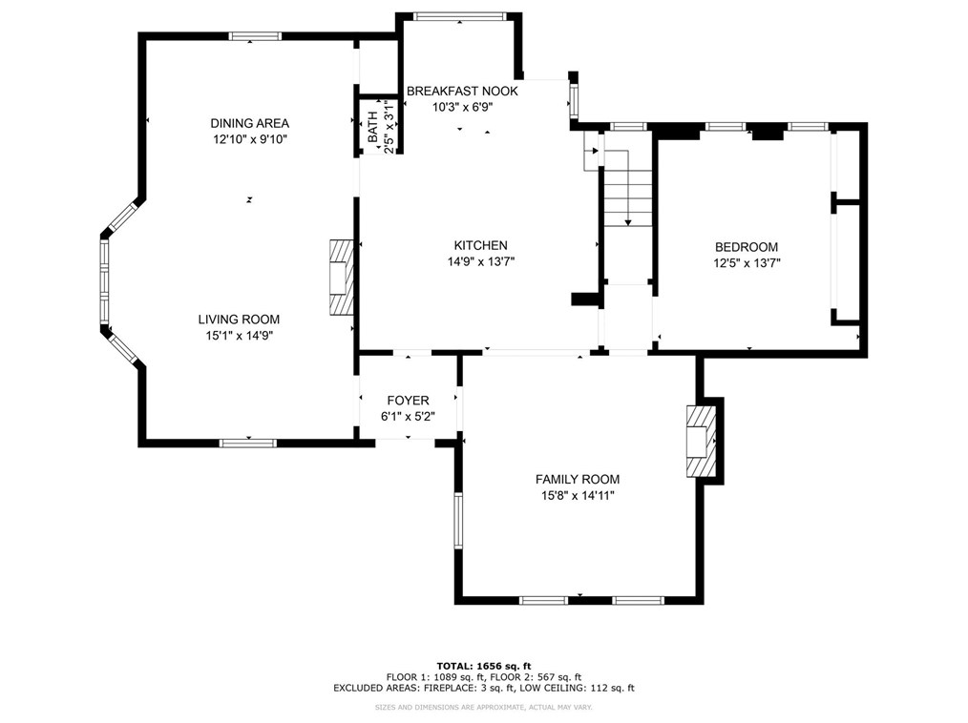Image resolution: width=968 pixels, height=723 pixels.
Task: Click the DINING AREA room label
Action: (249, 123)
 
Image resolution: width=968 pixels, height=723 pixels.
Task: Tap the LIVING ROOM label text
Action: (239, 320)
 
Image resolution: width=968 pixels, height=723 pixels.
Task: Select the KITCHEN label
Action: (481, 245)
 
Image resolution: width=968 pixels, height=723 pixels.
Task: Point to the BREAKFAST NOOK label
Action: (462, 92)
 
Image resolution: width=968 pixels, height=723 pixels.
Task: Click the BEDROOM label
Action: (747, 247)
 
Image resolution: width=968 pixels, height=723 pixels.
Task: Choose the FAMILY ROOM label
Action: (578, 480)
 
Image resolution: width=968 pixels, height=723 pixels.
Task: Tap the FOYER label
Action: (408, 401)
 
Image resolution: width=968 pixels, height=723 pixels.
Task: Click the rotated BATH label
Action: (373, 127)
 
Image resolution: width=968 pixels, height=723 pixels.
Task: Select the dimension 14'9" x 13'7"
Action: (481, 262)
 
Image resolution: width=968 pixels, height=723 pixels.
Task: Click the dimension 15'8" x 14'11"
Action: (578, 495)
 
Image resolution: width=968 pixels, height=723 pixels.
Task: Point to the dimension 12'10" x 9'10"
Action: (250, 140)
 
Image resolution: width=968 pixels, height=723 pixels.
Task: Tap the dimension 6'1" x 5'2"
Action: (408, 417)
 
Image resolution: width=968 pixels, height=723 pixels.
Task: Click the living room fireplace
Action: (342, 279)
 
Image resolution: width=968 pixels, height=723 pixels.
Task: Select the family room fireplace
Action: (702, 441)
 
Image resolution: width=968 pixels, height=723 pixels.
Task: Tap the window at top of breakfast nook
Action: (459, 16)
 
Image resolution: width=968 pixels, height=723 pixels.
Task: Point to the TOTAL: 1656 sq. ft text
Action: (484, 666)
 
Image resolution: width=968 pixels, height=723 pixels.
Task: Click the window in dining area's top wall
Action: (255, 36)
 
